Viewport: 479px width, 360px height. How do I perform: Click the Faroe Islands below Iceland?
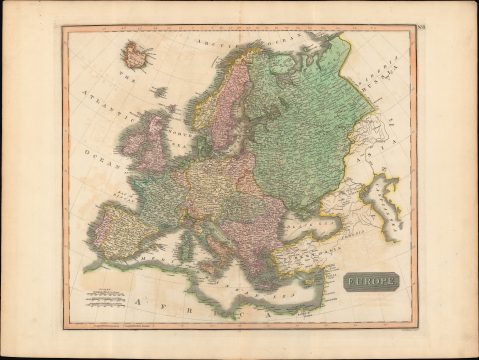[x=161, y=91]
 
